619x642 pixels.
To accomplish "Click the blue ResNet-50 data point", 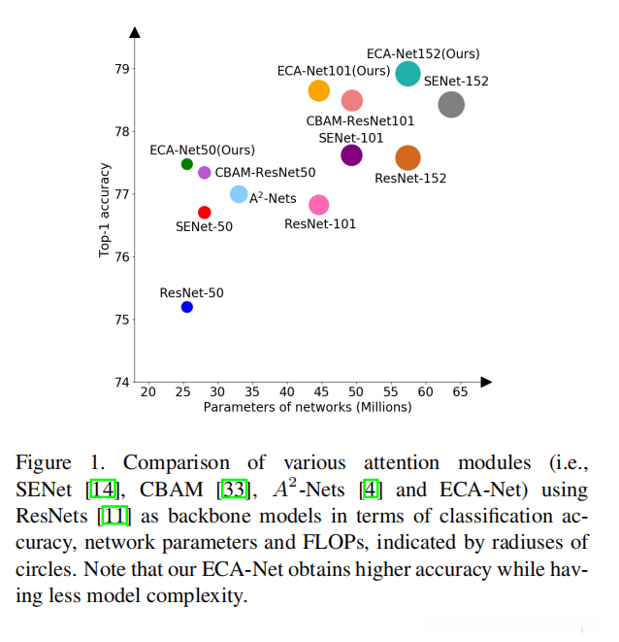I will pos(187,307).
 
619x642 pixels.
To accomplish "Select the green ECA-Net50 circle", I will pos(187,164).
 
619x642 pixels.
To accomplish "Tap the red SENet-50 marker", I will pos(205,212).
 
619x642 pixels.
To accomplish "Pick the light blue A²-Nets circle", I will pos(239,194).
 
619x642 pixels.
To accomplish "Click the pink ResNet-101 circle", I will pos(319,205).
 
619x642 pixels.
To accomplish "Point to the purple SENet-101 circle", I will pos(351,154).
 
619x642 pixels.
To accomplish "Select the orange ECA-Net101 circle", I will pos(319,90).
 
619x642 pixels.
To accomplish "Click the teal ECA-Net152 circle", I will pos(408,74).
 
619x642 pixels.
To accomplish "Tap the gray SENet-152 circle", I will pos(451,105).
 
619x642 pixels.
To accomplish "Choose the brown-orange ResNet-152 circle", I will pos(408,157).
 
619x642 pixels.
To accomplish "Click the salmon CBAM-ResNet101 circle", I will pos(352,100).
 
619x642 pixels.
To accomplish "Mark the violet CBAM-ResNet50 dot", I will pos(205,173).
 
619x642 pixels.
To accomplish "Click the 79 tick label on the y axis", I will pos(121,69).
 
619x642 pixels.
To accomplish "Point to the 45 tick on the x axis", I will pos(286,391).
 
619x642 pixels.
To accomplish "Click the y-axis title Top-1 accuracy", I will pos(104,210).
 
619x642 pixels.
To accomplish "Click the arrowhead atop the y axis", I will pos(135,32).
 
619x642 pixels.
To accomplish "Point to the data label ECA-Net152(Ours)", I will pos(423,53).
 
